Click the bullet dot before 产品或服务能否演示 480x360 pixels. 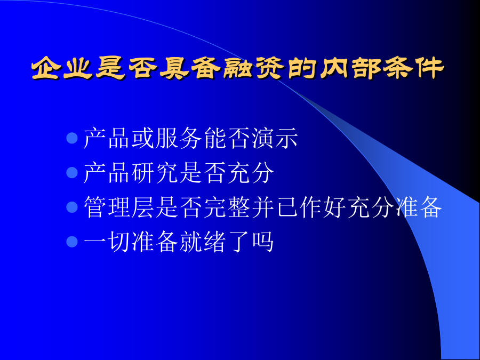click(72, 138)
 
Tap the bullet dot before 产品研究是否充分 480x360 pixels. click(72, 173)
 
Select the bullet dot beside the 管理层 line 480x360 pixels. click(72, 207)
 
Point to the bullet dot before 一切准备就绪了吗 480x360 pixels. click(72, 242)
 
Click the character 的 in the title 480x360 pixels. click(301, 67)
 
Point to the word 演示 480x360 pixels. click(275, 138)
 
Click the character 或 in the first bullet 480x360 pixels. click(142, 138)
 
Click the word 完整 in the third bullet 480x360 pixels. click(226, 207)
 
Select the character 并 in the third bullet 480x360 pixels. click(262, 207)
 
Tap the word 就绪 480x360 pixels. click(202, 242)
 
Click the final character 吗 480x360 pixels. click(262, 242)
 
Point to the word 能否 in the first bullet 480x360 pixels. click(226, 138)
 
